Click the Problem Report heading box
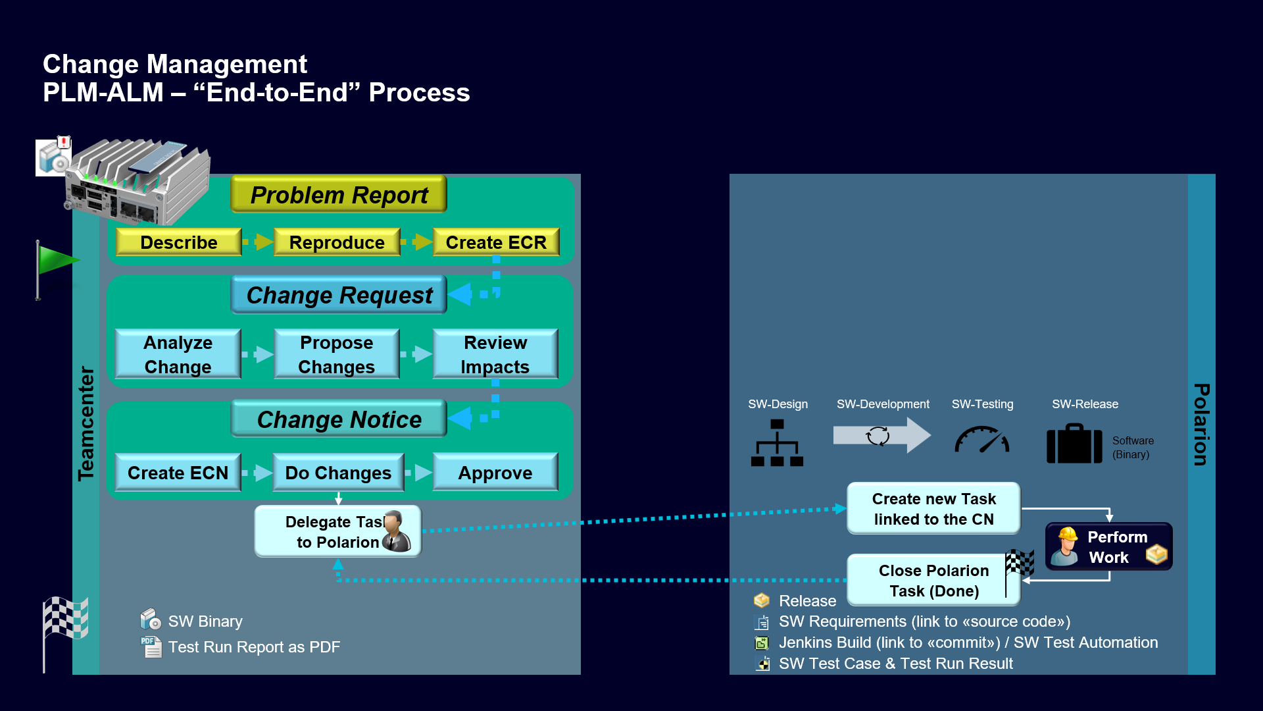click(339, 195)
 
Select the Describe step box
click(178, 242)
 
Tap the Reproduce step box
click(337, 242)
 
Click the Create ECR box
click(496, 242)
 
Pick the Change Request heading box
click(339, 295)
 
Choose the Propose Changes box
click(336, 354)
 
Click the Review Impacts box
click(495, 354)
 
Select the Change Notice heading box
click(339, 419)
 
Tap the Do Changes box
click(338, 473)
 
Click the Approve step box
click(495, 473)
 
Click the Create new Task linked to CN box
click(933, 508)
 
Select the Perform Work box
click(1109, 546)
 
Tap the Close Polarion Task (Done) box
click(933, 580)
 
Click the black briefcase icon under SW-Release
click(1074, 444)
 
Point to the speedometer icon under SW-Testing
click(981, 440)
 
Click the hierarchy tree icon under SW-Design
click(777, 443)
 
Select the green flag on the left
click(56, 261)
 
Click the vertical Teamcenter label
click(86, 423)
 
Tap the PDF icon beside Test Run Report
click(151, 647)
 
